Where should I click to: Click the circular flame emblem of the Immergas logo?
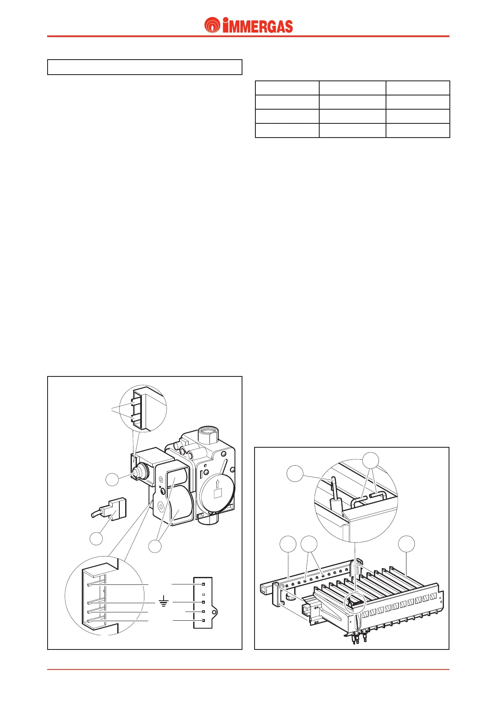(x=212, y=25)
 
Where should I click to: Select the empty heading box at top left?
(x=144, y=67)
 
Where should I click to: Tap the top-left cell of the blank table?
(x=287, y=88)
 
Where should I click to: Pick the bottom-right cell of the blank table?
(x=418, y=130)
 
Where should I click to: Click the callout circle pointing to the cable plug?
(x=96, y=538)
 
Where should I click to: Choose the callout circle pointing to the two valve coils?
(x=155, y=546)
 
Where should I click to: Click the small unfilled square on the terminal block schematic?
(x=203, y=594)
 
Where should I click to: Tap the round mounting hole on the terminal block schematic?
(x=214, y=612)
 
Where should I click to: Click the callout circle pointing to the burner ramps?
(x=406, y=544)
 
